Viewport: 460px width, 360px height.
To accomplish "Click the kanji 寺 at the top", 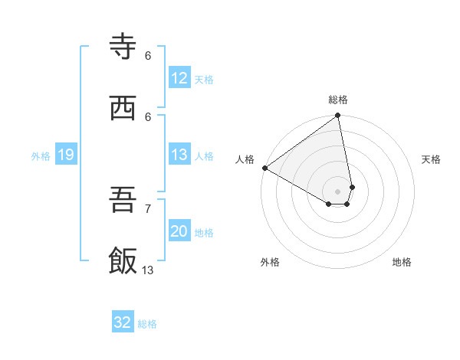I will coord(123,47).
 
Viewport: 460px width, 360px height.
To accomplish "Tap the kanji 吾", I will coord(123,201).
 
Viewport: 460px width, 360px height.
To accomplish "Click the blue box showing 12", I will coord(179,78).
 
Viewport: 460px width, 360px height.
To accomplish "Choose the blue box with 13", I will coord(179,155).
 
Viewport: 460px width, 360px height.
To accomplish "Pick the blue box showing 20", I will coord(179,231).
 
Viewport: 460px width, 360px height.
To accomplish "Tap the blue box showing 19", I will coord(66,155).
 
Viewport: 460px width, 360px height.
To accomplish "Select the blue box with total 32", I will coord(123,322).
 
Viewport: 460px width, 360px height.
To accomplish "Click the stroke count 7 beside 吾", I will coord(148,208).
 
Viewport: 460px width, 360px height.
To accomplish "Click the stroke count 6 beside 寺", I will coord(148,55).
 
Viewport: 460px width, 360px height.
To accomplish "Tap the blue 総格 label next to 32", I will coord(147,324).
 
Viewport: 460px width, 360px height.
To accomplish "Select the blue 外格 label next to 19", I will coord(41,156).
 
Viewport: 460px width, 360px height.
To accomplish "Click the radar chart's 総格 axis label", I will coord(338,100).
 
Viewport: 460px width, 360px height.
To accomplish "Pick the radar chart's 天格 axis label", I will coord(431,159).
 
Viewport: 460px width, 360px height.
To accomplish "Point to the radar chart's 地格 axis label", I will coord(402,262).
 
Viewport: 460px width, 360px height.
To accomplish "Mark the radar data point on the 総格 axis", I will coord(338,116).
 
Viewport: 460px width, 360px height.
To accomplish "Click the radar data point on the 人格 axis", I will coord(264,168).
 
